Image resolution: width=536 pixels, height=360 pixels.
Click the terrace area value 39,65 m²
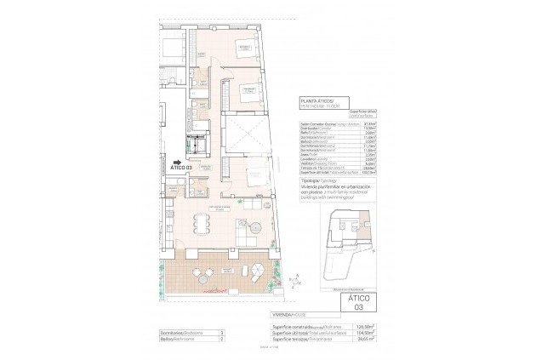pos(367,338)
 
